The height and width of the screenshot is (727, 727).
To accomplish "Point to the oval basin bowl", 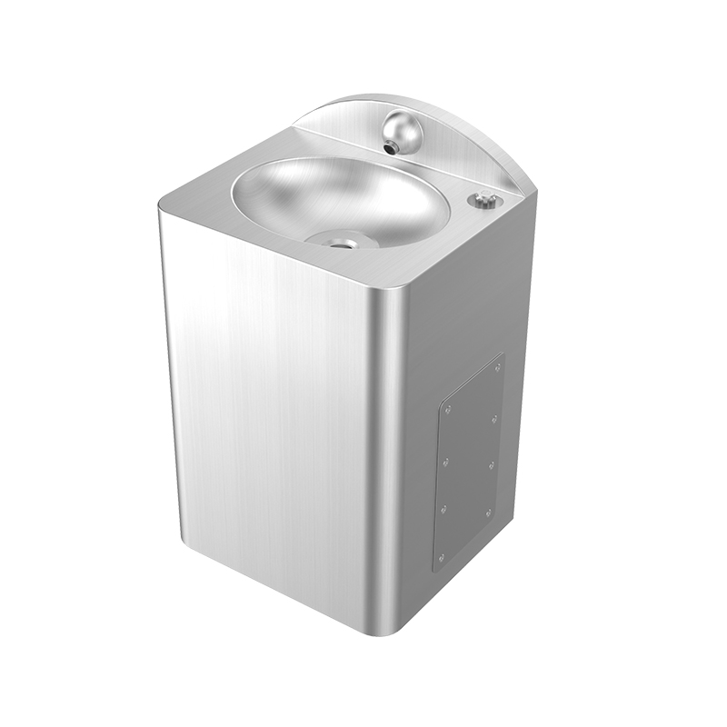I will (x=336, y=200).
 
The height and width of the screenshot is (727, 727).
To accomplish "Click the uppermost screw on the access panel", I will (x=498, y=367).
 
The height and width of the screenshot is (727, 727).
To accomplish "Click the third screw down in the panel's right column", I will (x=491, y=465).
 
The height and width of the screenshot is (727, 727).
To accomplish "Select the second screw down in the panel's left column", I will (x=447, y=461).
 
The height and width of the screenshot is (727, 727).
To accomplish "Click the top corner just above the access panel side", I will (x=536, y=195).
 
